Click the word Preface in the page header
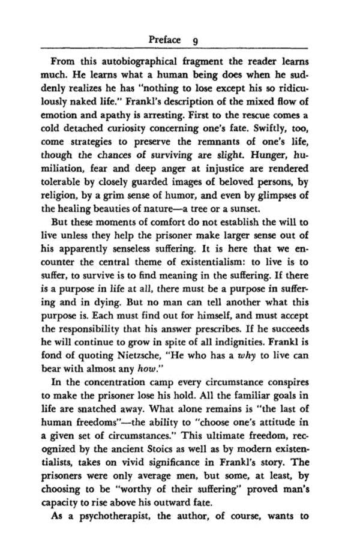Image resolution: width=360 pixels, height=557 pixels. tap(164, 40)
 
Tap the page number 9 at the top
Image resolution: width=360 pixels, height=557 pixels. tap(196, 41)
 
